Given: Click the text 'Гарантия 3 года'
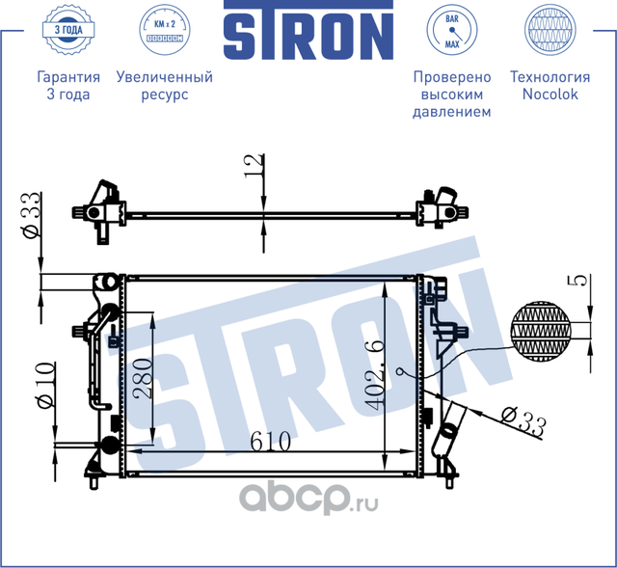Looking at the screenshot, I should (x=67, y=86).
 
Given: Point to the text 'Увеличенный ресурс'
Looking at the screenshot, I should (x=164, y=86).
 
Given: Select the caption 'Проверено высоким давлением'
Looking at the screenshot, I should (x=452, y=95).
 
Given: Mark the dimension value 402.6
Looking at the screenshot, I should (x=374, y=371).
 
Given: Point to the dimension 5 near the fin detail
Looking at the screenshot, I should (x=578, y=282).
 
